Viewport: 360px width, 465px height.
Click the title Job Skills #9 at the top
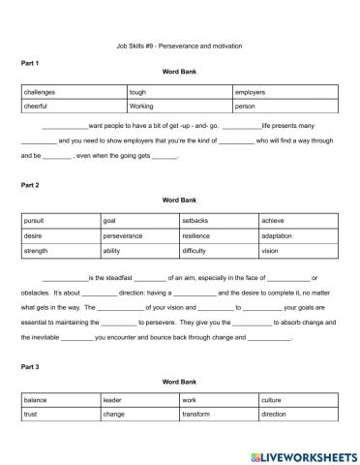pyautogui.click(x=179, y=46)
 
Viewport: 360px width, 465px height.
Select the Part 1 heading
pyautogui.click(x=30, y=63)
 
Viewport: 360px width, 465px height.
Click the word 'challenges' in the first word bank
pyautogui.click(x=41, y=93)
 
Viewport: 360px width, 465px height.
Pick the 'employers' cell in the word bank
pyautogui.click(x=252, y=93)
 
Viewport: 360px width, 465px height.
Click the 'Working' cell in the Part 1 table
pyautogui.click(x=141, y=106)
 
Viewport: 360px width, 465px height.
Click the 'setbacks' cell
pyautogui.click(x=195, y=221)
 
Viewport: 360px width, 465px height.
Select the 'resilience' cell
pyautogui.click(x=195, y=235)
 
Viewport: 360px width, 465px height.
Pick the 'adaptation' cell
pyautogui.click(x=278, y=235)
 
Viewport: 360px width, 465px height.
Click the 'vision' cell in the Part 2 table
pyautogui.click(x=270, y=251)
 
